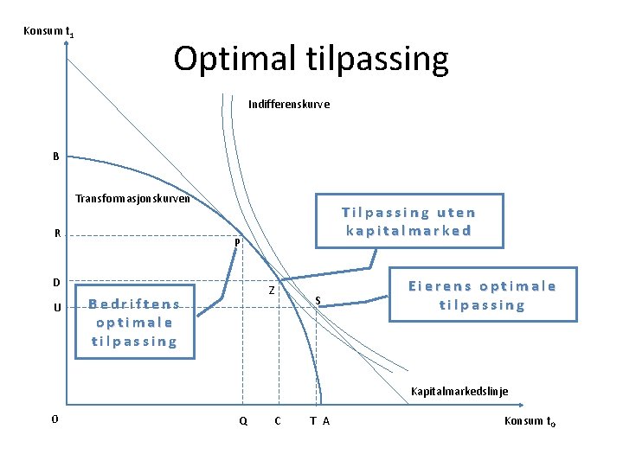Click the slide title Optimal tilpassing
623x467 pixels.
tap(311, 59)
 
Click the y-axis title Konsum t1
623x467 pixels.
tap(48, 33)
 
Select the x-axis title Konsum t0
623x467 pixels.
tap(530, 421)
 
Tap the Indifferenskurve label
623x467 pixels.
tap(288, 104)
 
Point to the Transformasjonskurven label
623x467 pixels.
tap(133, 198)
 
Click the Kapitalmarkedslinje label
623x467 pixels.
tap(459, 391)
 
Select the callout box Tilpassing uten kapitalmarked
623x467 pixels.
tap(408, 221)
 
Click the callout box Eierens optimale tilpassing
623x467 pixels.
tap(482, 295)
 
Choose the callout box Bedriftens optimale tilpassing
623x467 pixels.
tap(134, 322)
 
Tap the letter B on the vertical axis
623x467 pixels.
tap(56, 157)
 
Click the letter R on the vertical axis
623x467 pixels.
tap(57, 233)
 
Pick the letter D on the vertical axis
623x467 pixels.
tap(56, 282)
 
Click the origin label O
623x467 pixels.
tap(55, 419)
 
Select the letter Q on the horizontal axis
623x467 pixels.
tap(242, 421)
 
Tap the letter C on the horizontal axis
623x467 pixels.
tap(276, 421)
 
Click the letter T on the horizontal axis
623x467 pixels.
tap(312, 421)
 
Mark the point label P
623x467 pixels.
tap(236, 244)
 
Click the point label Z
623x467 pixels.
tap(272, 291)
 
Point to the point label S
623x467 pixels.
tap(318, 301)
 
